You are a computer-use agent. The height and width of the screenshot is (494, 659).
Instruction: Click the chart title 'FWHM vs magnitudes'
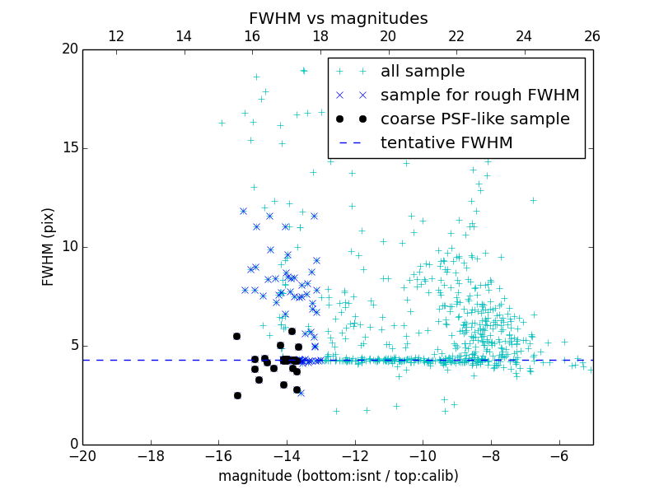pyautogui.click(x=338, y=18)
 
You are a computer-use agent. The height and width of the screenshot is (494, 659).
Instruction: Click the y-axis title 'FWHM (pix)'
pyautogui.click(x=49, y=247)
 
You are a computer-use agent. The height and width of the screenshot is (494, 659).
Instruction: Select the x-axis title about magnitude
pyautogui.click(x=338, y=476)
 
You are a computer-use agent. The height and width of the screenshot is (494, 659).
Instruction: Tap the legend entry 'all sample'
pyautogui.click(x=423, y=72)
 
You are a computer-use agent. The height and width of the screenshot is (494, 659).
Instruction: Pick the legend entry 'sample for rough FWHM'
pyautogui.click(x=479, y=96)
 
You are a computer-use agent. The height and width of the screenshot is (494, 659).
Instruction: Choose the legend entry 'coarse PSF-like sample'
pyautogui.click(x=474, y=119)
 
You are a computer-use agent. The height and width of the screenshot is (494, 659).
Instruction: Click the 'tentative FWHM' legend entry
pyautogui.click(x=446, y=143)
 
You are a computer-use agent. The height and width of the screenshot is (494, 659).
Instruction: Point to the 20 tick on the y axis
pyautogui.click(x=69, y=49)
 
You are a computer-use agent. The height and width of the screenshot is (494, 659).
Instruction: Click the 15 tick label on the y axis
pyautogui.click(x=69, y=148)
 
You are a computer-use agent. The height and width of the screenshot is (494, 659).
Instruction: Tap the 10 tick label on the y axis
pyautogui.click(x=69, y=247)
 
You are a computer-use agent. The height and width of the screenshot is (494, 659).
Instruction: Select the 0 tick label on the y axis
pyautogui.click(x=73, y=445)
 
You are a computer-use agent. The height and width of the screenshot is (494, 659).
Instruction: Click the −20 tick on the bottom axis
pyautogui.click(x=82, y=456)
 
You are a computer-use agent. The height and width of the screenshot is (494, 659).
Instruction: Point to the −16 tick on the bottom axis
pyautogui.click(x=218, y=456)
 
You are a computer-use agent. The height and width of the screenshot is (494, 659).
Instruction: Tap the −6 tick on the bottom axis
pyautogui.click(x=559, y=456)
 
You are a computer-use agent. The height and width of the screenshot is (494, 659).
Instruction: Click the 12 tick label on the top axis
pyautogui.click(x=116, y=36)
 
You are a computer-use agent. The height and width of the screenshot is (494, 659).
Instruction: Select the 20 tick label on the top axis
pyautogui.click(x=388, y=36)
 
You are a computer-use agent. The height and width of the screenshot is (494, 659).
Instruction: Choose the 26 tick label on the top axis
pyautogui.click(x=592, y=36)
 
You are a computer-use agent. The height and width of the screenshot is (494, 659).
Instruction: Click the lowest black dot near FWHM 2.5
pyautogui.click(x=237, y=395)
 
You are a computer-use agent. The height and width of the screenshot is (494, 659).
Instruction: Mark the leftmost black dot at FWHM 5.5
pyautogui.click(x=236, y=336)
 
